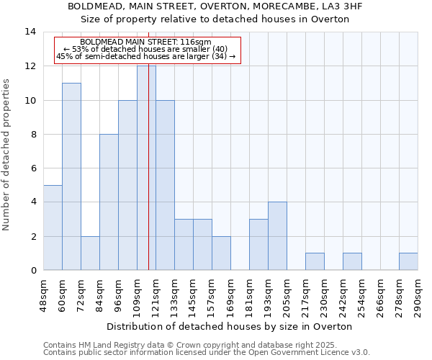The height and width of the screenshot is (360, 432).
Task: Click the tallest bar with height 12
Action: coord(146,168)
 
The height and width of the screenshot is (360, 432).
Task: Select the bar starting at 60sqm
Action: coord(71,176)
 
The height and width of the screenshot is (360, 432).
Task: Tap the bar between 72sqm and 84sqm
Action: coord(90,253)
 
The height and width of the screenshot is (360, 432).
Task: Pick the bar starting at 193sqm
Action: coord(277,235)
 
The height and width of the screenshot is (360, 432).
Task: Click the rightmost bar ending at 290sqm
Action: coord(408,261)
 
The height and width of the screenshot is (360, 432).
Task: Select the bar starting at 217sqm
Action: coord(315,261)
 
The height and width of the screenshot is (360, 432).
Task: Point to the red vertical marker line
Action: coord(148,180)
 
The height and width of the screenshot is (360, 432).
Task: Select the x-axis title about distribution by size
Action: coord(230,326)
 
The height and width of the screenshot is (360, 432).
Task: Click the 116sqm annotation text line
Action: coord(146,42)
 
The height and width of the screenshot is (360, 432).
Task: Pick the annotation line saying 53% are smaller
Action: coord(146,49)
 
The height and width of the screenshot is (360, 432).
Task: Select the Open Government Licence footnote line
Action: coord(207,353)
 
